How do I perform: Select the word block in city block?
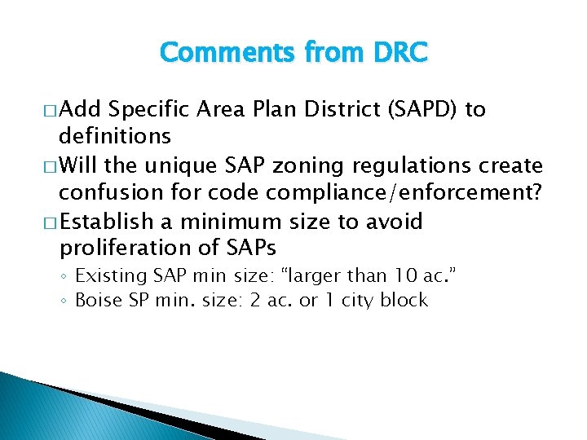pos(404,300)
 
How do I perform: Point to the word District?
pos(312,110)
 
